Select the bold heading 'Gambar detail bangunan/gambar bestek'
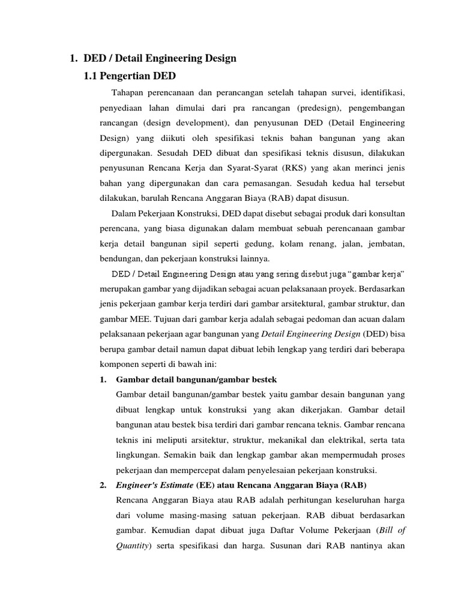pyautogui.click(x=196, y=380)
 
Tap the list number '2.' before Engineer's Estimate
pyautogui.click(x=103, y=485)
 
